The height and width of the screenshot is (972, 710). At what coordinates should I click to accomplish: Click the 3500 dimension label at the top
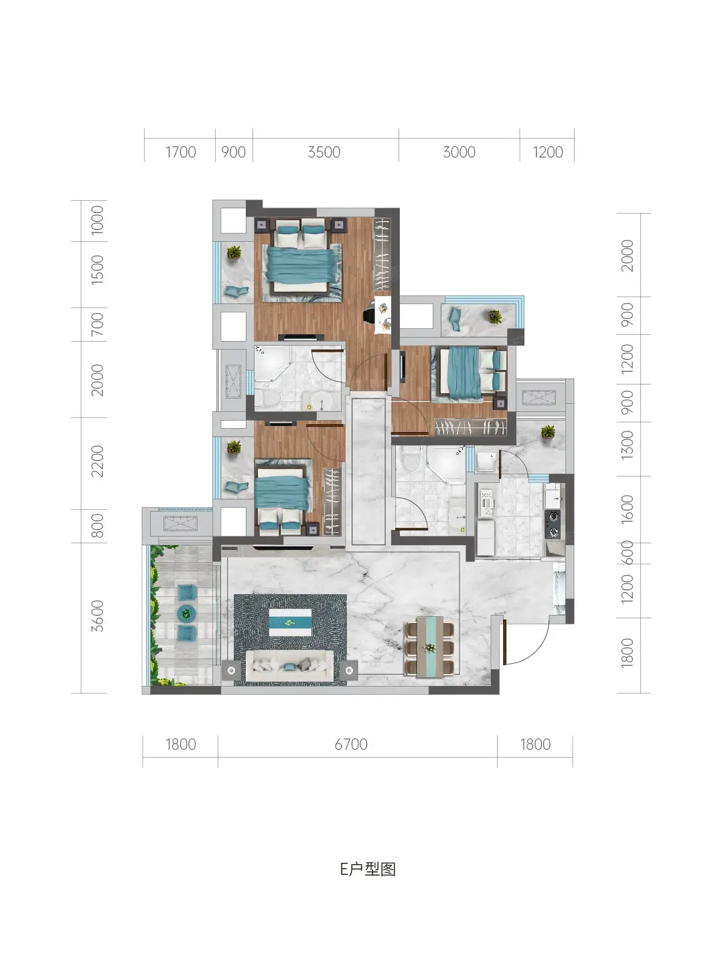coord(324,152)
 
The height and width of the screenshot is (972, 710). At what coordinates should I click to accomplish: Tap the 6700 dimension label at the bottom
coord(351,745)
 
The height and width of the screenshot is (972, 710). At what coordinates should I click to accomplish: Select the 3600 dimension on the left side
coord(97,616)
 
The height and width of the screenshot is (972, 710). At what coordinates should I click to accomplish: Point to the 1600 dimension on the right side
coord(627,509)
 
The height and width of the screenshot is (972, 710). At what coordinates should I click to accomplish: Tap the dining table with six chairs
coord(429,646)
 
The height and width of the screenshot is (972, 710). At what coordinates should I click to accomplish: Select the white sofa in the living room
coord(289,665)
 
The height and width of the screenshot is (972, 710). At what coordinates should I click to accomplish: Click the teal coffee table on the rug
coord(290,622)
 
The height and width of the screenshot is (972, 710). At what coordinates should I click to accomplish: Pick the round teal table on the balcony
coord(186,613)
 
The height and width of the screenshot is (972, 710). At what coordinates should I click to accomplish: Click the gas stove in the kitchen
coord(553,525)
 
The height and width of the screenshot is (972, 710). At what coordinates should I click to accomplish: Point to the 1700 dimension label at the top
coord(181,152)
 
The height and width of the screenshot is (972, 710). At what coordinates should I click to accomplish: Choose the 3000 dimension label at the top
coord(459,152)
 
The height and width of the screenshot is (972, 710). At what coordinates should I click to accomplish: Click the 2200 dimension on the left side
coord(97,462)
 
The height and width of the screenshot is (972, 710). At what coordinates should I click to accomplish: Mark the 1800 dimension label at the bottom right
coord(535,745)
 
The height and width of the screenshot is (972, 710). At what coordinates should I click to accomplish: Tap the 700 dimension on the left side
coord(97,324)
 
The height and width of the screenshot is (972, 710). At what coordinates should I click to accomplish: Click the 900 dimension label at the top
coord(234,152)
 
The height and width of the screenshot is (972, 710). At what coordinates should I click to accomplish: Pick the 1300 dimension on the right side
coord(627,445)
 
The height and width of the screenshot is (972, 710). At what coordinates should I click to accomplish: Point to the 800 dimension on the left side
coord(97,526)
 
